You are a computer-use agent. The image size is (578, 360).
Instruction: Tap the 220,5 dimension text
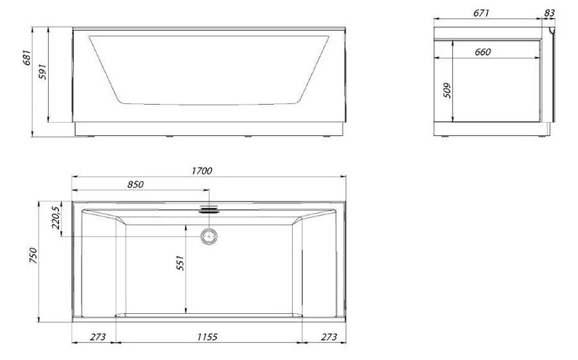[x=56, y=218]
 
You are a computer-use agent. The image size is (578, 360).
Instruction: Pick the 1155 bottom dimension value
[x=207, y=336]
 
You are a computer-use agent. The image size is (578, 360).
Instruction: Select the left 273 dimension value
[x=97, y=336]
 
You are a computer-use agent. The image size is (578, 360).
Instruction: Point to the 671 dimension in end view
[x=483, y=13]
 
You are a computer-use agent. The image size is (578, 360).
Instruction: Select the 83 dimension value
[x=549, y=13]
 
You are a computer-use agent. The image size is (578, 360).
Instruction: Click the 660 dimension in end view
[x=483, y=53]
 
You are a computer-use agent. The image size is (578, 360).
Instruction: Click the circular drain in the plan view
[x=209, y=236]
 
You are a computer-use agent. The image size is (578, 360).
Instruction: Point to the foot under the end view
[x=545, y=136]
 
